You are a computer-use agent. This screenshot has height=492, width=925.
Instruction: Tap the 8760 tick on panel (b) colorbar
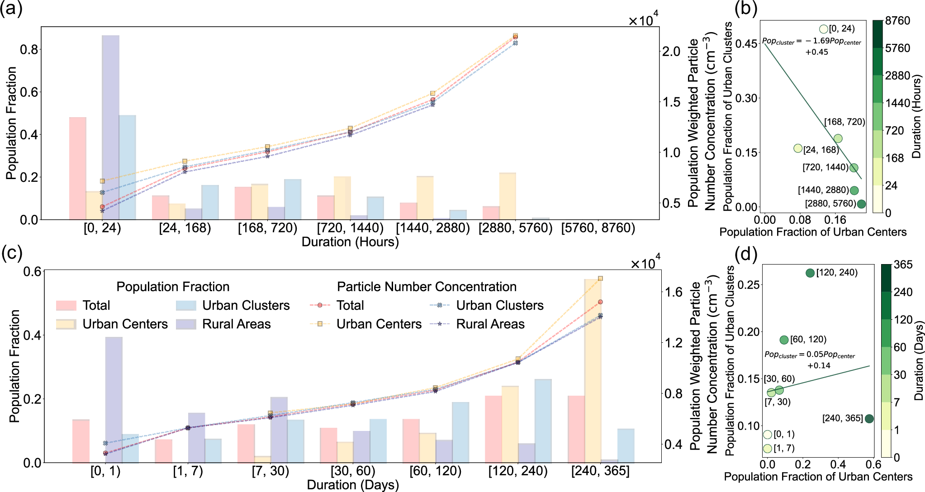897,21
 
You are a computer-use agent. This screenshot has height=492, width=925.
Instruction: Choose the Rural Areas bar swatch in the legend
186,324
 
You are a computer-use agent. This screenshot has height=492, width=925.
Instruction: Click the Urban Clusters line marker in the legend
440,306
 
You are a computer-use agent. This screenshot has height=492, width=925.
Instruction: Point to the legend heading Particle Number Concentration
427,287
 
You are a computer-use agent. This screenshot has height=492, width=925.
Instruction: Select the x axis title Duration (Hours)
350,242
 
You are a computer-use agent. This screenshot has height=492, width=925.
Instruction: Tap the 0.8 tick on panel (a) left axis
28,49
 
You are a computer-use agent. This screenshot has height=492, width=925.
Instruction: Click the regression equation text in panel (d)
810,360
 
